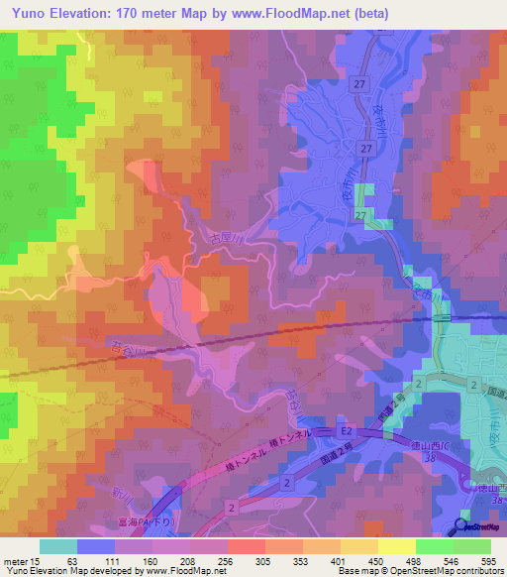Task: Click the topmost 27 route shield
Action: point(356,85)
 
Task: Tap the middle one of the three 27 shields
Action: point(366,148)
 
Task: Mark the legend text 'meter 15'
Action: point(21,561)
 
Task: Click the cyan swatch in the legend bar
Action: point(57,546)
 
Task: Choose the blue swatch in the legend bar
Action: point(95,546)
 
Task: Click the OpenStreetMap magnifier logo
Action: point(461,525)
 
